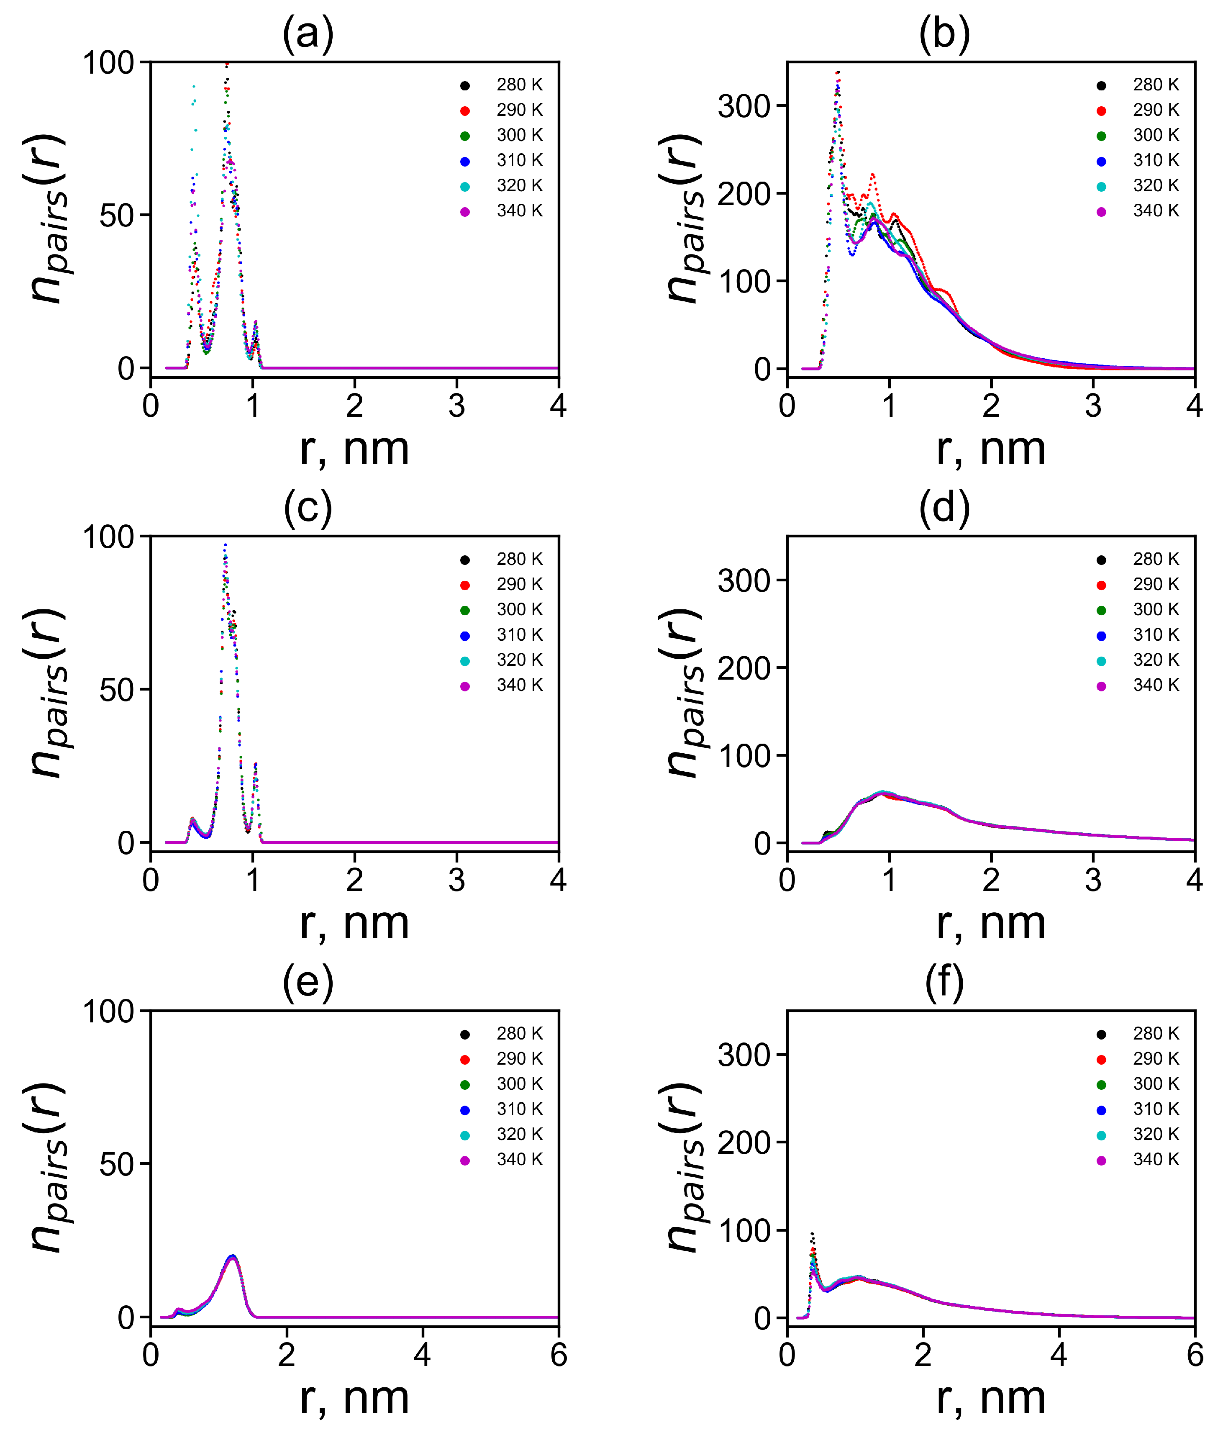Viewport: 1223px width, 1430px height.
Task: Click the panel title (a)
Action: (308, 33)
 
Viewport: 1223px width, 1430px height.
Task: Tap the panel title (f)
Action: (944, 982)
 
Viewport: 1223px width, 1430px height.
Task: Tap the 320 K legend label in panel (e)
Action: (519, 1134)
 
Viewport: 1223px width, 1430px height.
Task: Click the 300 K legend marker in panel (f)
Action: (1102, 1085)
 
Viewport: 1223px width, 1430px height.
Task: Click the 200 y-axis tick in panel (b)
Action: (744, 194)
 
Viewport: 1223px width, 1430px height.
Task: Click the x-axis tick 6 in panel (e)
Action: (558, 1355)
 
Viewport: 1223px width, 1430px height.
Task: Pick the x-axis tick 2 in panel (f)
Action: (923, 1355)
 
